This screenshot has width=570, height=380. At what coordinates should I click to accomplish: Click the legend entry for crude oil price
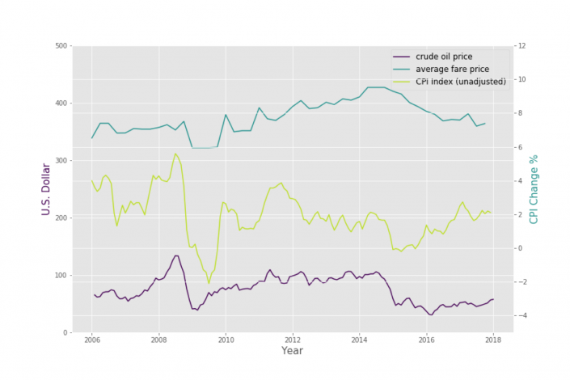point(443,56)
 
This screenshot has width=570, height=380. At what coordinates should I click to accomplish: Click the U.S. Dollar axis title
point(46,190)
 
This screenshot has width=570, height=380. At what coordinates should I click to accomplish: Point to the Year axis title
point(292,351)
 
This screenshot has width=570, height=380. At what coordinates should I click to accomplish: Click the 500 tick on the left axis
point(60,46)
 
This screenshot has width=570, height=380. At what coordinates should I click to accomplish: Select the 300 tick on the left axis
point(60,161)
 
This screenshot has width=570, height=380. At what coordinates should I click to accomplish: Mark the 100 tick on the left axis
point(60,276)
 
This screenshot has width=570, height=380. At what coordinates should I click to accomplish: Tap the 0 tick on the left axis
point(64,333)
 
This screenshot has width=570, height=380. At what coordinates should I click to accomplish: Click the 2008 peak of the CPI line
point(175,154)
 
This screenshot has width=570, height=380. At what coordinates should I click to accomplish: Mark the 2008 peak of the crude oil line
point(176,255)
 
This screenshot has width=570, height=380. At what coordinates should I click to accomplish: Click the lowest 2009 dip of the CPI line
point(209,284)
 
